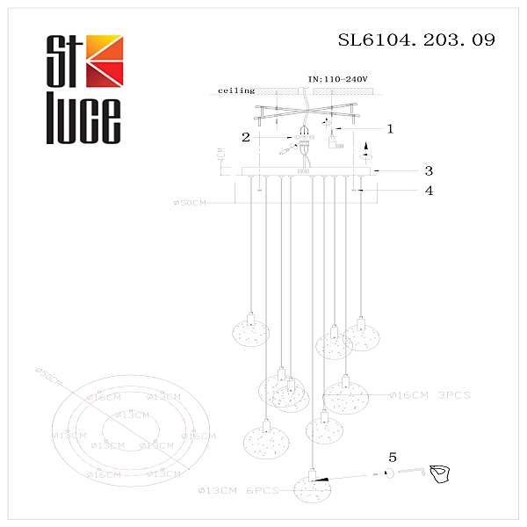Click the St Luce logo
[83, 89]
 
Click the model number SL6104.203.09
[416, 40]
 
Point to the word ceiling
[235, 90]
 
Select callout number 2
[248, 138]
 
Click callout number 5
[393, 457]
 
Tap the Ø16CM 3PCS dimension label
[430, 396]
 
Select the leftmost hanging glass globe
[249, 334]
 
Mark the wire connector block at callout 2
[304, 139]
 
